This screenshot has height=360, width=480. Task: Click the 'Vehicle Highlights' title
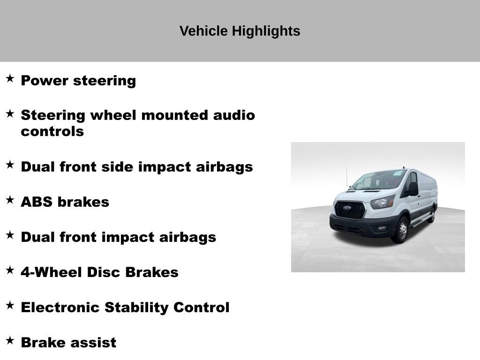tap(240, 31)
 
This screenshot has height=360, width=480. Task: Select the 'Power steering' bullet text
tap(78, 81)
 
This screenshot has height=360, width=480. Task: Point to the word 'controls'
tap(52, 132)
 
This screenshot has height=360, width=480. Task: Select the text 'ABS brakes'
tap(65, 202)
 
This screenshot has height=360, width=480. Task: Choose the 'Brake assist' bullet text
tap(68, 343)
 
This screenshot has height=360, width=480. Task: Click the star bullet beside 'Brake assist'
tap(10, 340)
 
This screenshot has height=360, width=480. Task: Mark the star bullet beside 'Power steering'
tap(10, 78)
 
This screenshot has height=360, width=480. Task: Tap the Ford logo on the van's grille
tap(347, 208)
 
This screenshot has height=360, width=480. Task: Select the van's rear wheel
tap(432, 216)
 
